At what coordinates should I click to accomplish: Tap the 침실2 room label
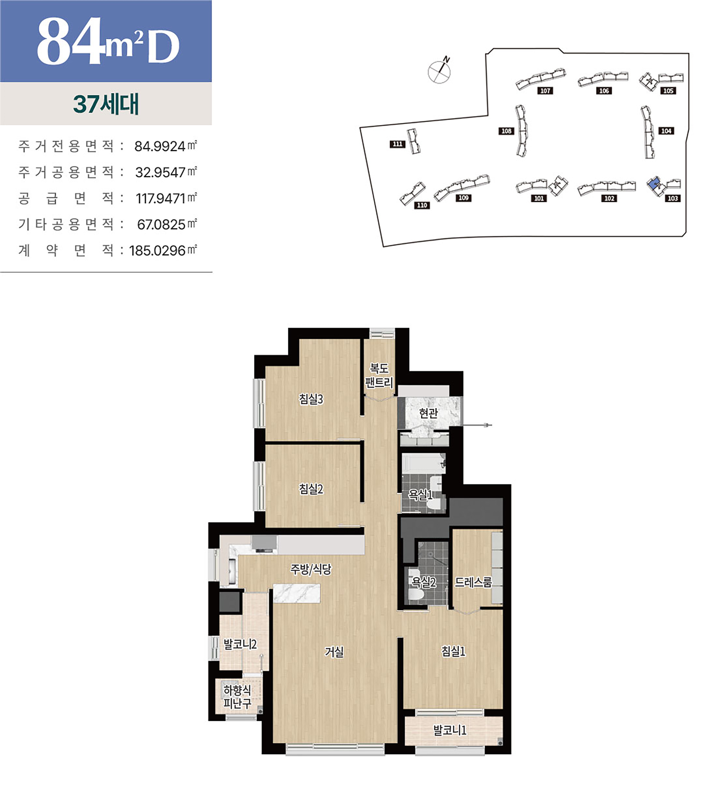[x=311, y=489]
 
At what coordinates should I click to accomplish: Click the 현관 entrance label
[x=428, y=413]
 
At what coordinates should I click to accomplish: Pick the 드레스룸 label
[x=473, y=582]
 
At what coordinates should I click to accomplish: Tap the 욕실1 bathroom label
[x=421, y=495]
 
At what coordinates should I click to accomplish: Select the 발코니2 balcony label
[x=240, y=644]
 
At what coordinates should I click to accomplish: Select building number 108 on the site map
[x=506, y=131]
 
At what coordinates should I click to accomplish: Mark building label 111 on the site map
[x=397, y=144]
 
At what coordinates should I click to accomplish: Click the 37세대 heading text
[x=106, y=104]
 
